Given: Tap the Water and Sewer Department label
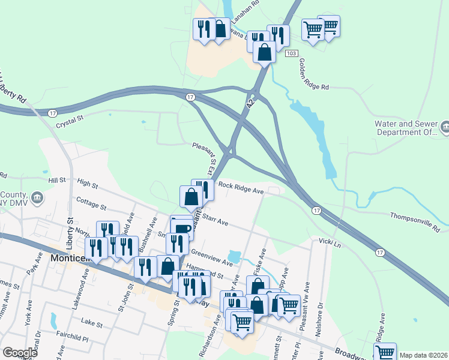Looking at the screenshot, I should coord(405,128).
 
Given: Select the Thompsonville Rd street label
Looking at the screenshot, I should coord(415,221).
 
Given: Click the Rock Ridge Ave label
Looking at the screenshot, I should coord(241,188).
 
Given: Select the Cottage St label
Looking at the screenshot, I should coord(91,203).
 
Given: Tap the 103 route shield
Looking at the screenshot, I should coord(292,54).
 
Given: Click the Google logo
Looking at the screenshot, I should coord(20,353).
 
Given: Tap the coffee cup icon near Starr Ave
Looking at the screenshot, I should coord(183,227).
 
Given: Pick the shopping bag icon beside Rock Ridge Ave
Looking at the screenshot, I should coord(191,196).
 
